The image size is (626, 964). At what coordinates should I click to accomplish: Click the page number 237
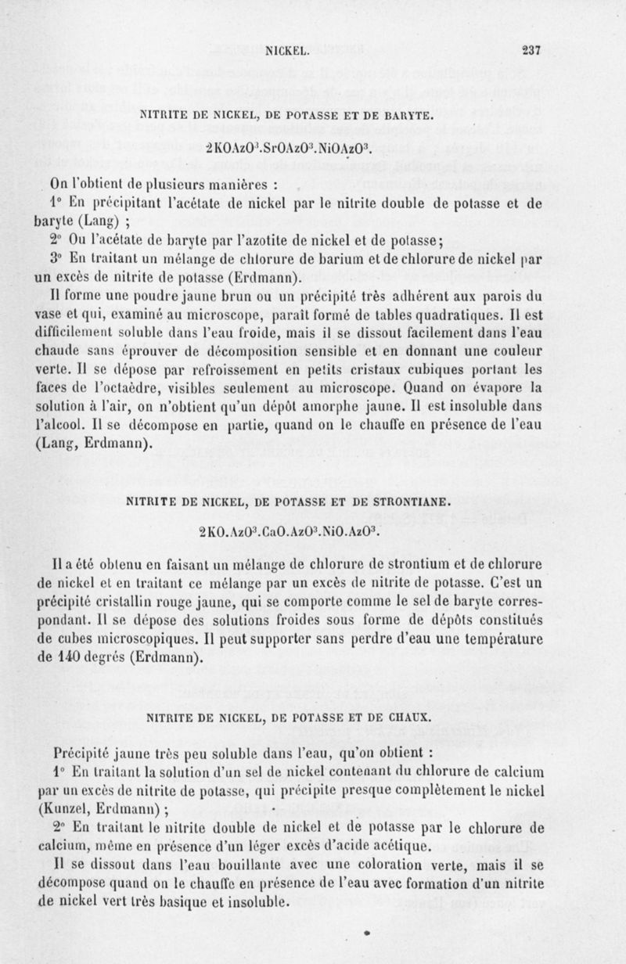point(532,50)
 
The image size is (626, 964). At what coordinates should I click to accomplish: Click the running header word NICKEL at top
point(290,51)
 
